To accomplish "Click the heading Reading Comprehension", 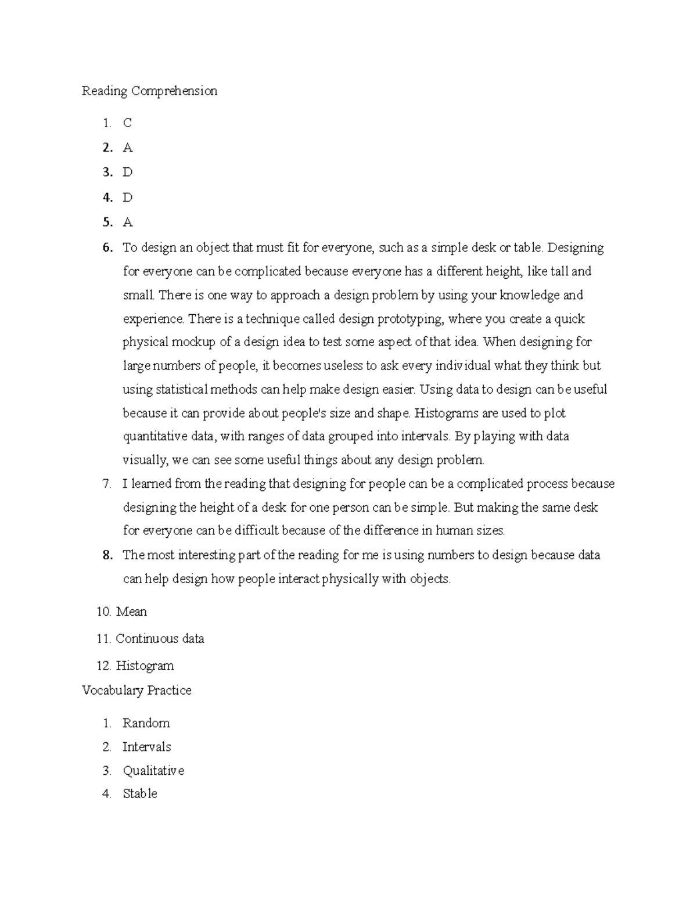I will click(149, 91).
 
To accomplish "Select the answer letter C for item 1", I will click(127, 123).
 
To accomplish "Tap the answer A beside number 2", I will click(128, 148).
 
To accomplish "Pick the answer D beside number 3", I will click(128, 173).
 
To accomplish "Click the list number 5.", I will click(107, 222).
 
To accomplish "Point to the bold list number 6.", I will click(107, 248).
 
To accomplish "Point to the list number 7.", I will click(106, 484).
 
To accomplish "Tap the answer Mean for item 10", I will click(131, 612).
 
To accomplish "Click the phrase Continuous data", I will click(160, 639).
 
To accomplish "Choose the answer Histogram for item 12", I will click(145, 666).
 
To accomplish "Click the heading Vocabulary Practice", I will click(136, 691).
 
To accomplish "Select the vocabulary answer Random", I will click(146, 723).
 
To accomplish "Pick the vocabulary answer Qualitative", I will click(153, 771).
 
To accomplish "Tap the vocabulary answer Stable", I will click(139, 794).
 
